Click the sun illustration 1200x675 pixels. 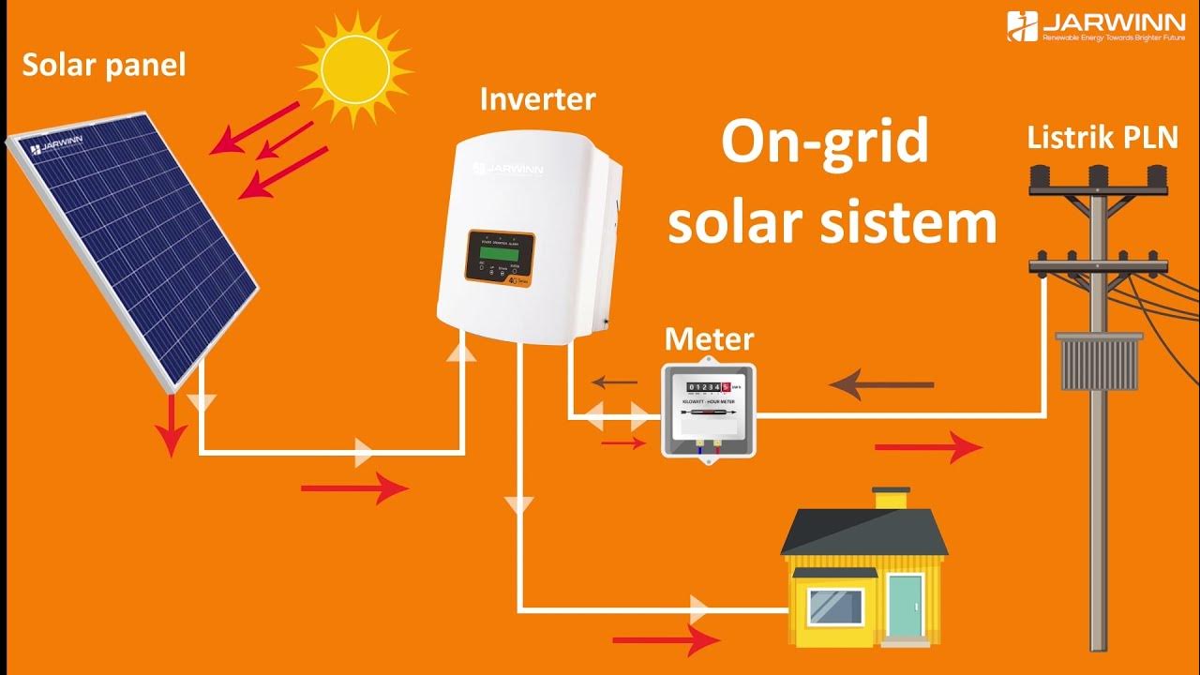(x=353, y=67)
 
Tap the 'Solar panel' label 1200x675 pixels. (x=104, y=65)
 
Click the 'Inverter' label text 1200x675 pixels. (x=537, y=99)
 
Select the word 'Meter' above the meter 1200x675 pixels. (x=709, y=339)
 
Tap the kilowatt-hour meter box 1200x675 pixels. (x=709, y=409)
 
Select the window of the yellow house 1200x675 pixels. (x=836, y=606)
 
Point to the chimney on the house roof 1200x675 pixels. (x=891, y=497)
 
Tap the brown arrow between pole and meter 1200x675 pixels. (x=881, y=384)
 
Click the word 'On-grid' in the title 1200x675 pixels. (x=824, y=142)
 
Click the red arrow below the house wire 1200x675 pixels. (x=666, y=641)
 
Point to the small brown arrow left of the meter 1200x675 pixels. (x=614, y=382)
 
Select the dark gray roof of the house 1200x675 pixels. (x=863, y=532)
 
